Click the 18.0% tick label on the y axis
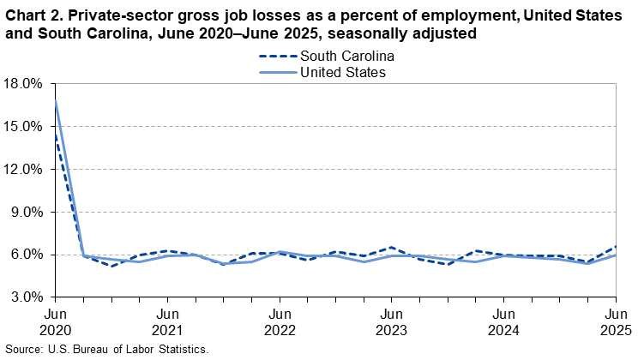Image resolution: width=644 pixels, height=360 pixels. tap(23, 84)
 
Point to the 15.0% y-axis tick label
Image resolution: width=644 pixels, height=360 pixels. tap(23, 127)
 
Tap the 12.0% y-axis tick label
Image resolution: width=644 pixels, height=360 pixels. tap(23, 170)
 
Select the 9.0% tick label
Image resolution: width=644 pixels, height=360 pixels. tap(27, 212)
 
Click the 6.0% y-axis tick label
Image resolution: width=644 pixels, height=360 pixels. tap(27, 255)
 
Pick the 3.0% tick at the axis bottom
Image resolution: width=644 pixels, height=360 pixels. tap(27, 297)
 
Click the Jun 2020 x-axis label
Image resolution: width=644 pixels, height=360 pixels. tap(56, 321)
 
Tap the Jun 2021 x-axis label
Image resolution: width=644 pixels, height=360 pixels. tap(168, 321)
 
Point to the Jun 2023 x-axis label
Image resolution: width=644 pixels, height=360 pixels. tap(392, 321)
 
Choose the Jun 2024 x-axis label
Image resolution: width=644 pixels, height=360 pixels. tap(504, 321)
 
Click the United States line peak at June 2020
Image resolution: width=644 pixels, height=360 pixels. tap(56, 101)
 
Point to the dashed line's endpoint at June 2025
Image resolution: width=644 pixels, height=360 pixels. tap(616, 246)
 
